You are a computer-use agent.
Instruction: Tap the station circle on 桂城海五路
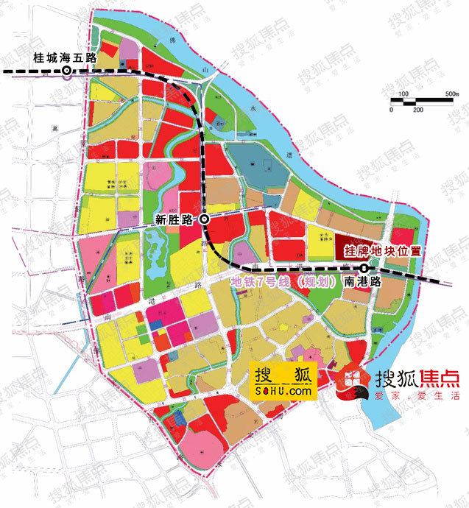coord(66,71)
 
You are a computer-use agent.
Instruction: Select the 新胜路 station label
coord(174,219)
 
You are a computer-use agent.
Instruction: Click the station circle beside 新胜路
coord(204,219)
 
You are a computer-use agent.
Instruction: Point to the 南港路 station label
coord(362,281)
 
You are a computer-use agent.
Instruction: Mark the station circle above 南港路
coord(364,267)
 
